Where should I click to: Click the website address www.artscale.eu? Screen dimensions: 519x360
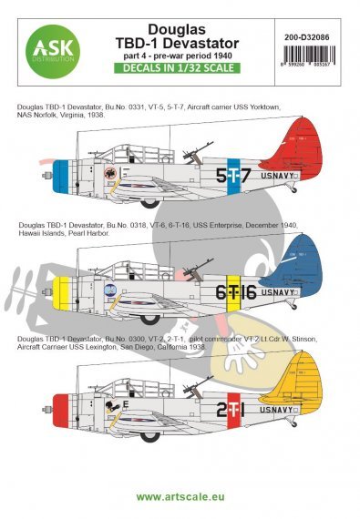tap(180, 499)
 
